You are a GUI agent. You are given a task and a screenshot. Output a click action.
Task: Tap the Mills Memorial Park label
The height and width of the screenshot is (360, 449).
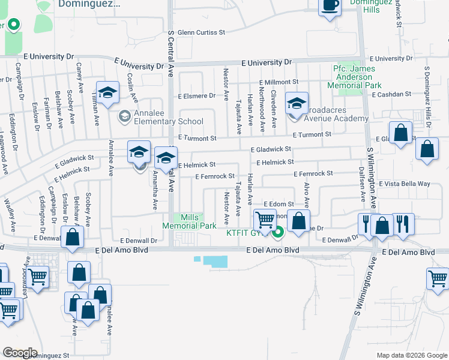coord(189,221)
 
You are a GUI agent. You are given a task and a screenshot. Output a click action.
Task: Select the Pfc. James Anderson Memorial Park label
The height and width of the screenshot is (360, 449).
coord(358,77)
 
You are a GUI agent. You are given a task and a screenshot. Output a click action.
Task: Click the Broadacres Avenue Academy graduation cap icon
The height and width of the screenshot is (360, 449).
coord(296,103)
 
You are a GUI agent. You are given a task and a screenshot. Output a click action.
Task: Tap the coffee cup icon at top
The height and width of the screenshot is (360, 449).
coord(330,5)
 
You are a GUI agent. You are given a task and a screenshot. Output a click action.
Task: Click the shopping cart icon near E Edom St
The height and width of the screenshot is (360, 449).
coord(265,218)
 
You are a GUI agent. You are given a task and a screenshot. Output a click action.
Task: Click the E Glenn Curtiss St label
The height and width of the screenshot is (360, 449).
coord(201,32)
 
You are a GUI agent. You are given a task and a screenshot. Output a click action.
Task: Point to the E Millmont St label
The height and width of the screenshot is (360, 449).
coord(279,82)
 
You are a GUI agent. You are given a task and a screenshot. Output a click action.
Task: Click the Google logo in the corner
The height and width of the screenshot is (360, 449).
coord(20,352)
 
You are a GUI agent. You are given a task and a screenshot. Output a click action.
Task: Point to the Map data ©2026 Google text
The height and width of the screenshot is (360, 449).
coord(411,355)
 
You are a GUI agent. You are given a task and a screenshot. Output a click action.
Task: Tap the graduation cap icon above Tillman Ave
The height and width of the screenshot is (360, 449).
coord(108,92)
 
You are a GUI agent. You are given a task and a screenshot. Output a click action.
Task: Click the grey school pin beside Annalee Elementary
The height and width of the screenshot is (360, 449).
coord(125,116)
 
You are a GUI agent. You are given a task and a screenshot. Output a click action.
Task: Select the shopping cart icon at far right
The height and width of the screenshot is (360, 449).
coord(438,278)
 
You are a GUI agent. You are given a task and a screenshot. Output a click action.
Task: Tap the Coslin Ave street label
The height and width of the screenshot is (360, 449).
coord(131,87)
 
